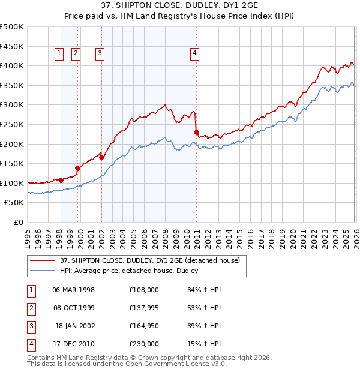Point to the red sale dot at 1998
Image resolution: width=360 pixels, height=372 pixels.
[x=61, y=180]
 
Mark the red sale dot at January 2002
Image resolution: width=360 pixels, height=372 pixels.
[x=101, y=158]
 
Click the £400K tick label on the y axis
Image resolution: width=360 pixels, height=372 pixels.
[x=12, y=65]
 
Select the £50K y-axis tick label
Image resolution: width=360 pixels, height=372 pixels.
[x=14, y=203]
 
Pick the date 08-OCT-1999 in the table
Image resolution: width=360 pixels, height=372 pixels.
[x=74, y=308]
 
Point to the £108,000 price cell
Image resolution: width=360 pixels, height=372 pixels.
[x=144, y=290]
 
